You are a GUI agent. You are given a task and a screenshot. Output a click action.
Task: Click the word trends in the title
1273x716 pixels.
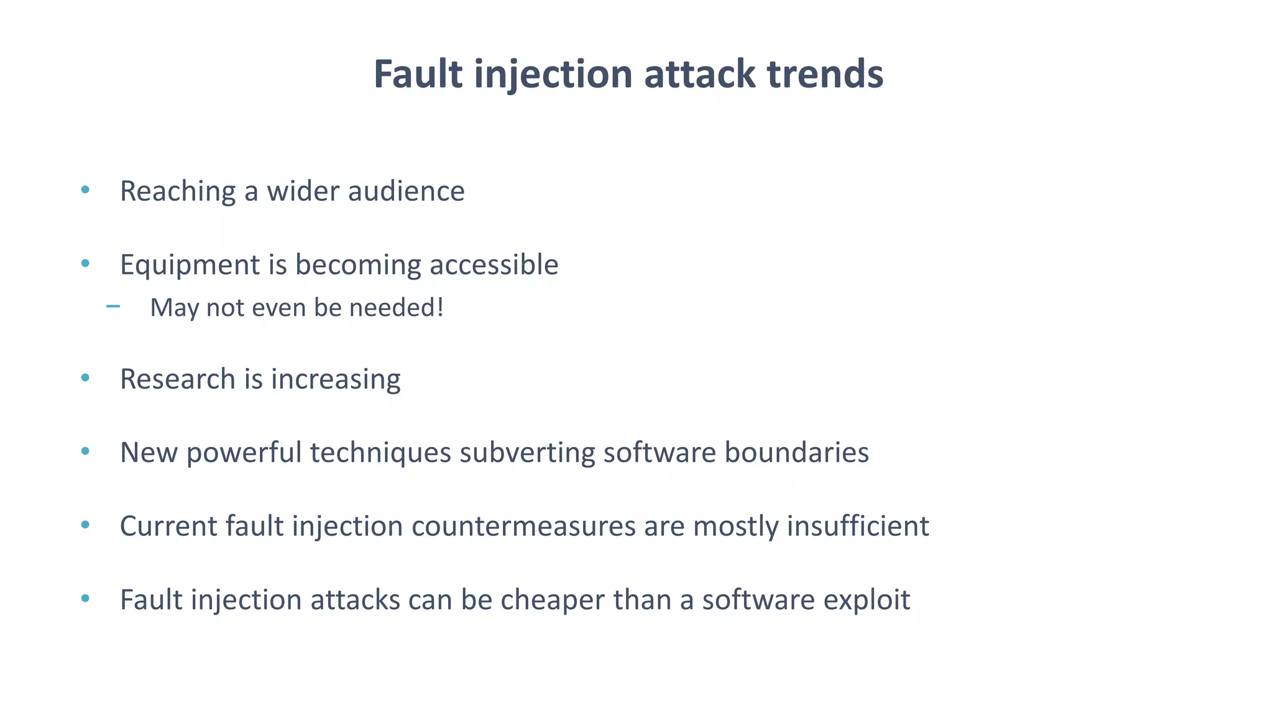click(825, 74)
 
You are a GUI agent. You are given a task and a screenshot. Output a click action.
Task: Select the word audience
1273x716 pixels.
click(406, 191)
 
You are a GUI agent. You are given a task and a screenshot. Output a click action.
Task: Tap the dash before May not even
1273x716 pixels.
click(113, 306)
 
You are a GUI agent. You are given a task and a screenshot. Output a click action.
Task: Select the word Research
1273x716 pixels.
click(177, 379)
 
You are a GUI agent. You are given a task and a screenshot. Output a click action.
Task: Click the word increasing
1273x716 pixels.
click(336, 380)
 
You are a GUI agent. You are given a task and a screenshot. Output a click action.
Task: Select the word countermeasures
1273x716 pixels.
click(523, 526)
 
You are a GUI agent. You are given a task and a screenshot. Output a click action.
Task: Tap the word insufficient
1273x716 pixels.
click(858, 526)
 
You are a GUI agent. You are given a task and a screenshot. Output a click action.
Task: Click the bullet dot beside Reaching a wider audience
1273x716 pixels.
click(85, 190)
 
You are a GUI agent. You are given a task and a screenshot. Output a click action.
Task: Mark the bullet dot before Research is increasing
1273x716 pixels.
click(85, 377)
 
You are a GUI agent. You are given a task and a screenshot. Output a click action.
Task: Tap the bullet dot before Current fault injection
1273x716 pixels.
click(85, 525)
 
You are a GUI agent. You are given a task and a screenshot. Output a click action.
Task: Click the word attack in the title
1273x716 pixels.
click(700, 74)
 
